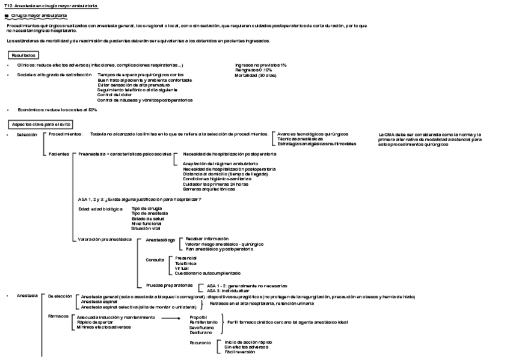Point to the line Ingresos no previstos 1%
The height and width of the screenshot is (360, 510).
pyautogui.click(x=260, y=65)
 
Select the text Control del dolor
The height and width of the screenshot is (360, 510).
pyautogui.click(x=114, y=95)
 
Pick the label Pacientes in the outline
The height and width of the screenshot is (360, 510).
pyautogui.click(x=59, y=154)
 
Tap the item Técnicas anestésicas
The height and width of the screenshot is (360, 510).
pyautogui.click(x=300, y=139)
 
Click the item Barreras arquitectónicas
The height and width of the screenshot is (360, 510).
pyautogui.click(x=209, y=189)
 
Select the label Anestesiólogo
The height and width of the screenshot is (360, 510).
pyautogui.click(x=161, y=240)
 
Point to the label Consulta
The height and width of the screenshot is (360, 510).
pyautogui.click(x=155, y=260)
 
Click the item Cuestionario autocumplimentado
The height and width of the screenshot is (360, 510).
pyautogui.click(x=207, y=273)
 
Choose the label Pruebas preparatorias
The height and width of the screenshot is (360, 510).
pyautogui.click(x=169, y=285)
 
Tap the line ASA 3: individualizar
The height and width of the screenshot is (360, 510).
pyautogui.click(x=230, y=290)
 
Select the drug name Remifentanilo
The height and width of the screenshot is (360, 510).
pyautogui.click(x=203, y=322)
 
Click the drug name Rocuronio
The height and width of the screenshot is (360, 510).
pyautogui.click(x=200, y=343)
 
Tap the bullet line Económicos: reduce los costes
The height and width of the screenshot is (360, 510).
pyautogui.click(x=57, y=110)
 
